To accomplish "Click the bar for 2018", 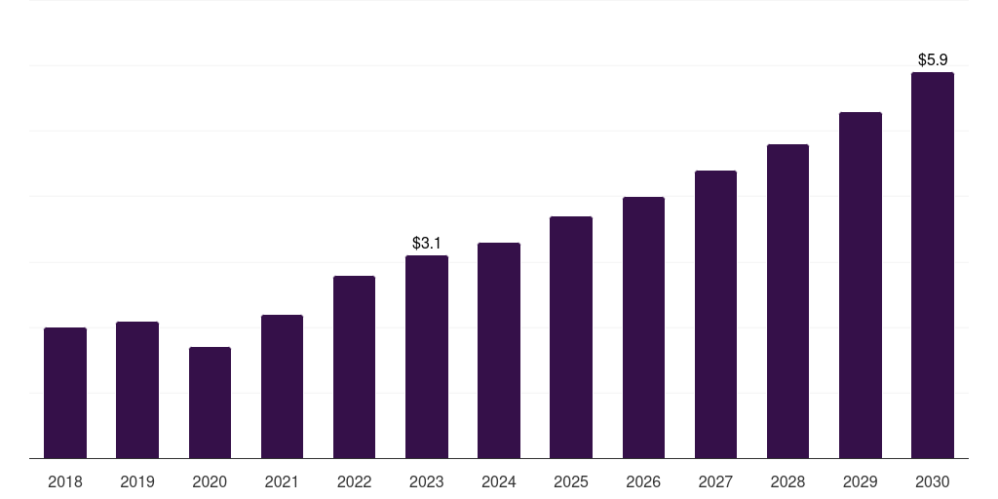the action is point(65,393).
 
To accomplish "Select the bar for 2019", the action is point(137,390).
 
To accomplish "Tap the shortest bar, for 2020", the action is point(210,403).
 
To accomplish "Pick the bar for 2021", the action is point(282,386).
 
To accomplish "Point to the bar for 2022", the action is point(354,367).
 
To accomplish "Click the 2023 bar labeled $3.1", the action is point(427,357).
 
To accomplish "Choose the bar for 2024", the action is point(499,351).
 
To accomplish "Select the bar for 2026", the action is point(643,327).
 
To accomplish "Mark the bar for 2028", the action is point(787,301).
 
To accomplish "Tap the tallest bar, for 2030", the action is point(933,265).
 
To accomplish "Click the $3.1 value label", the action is point(427,243).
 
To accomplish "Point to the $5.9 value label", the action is point(933,59).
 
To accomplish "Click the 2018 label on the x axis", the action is point(65,481).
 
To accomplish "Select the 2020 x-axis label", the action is point(210,481).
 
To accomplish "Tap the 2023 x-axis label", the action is point(427,481).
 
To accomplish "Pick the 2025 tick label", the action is point(571,481).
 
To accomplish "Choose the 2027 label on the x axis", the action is point(715,481).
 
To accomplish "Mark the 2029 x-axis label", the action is point(860,481).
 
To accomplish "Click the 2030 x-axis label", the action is point(933,481).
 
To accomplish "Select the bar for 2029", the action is point(861,286).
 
